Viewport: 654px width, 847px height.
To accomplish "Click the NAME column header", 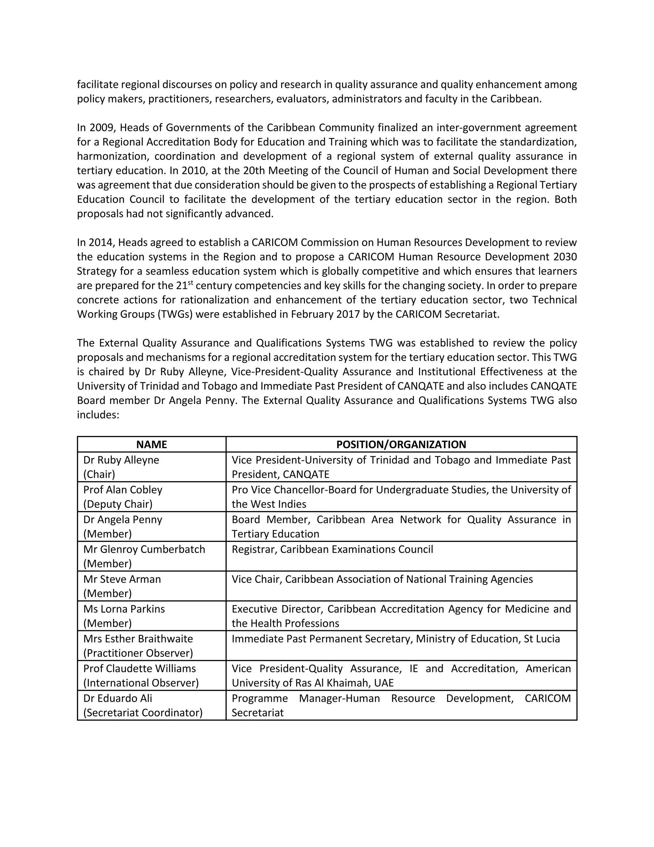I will [x=151, y=445].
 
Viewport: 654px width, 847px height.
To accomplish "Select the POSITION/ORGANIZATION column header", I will [x=401, y=445].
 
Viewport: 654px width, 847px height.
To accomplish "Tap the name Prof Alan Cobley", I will [x=123, y=490].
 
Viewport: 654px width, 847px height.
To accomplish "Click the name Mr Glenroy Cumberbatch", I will [x=144, y=549].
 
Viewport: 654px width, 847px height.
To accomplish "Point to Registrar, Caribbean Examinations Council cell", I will [x=332, y=549].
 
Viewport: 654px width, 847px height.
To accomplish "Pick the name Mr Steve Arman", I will [x=122, y=579].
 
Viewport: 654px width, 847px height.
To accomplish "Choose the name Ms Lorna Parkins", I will [x=124, y=609].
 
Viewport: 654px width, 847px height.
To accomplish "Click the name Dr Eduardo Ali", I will [x=118, y=698].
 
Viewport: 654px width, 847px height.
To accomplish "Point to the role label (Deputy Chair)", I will [x=118, y=504].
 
